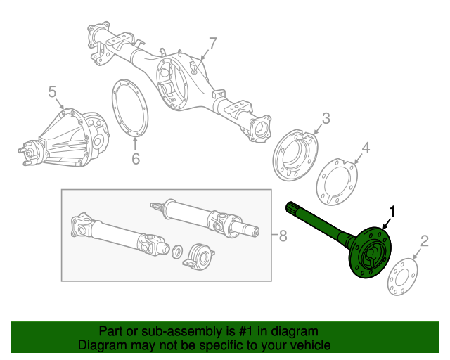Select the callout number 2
coord(423,243)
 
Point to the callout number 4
coord(365,148)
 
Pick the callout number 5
coord(52,91)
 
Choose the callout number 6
coord(136,159)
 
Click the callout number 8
coord(283,236)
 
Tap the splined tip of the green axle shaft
coord(290,207)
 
